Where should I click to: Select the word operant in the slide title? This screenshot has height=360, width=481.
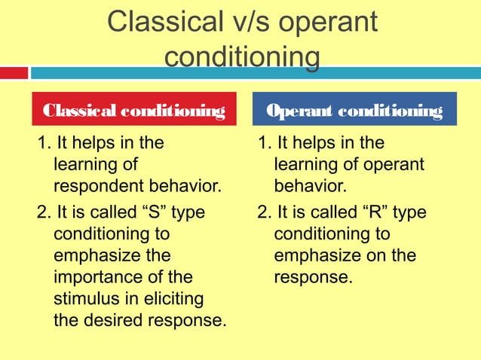point(329,24)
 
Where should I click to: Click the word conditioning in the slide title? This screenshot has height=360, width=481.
point(241,58)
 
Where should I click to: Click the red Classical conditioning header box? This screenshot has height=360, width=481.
point(134,111)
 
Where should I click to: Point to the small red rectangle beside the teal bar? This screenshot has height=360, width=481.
point(14,73)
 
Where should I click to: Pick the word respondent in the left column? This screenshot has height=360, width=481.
point(96,185)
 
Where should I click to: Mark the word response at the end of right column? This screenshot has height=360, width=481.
point(311,277)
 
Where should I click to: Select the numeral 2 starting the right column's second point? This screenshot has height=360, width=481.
point(262,213)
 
